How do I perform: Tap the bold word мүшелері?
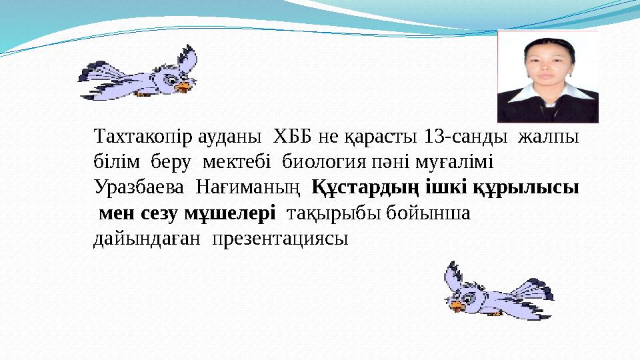(229, 213)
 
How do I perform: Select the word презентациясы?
(280, 238)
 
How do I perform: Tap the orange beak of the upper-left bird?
(184, 85)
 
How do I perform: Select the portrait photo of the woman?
(547, 76)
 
